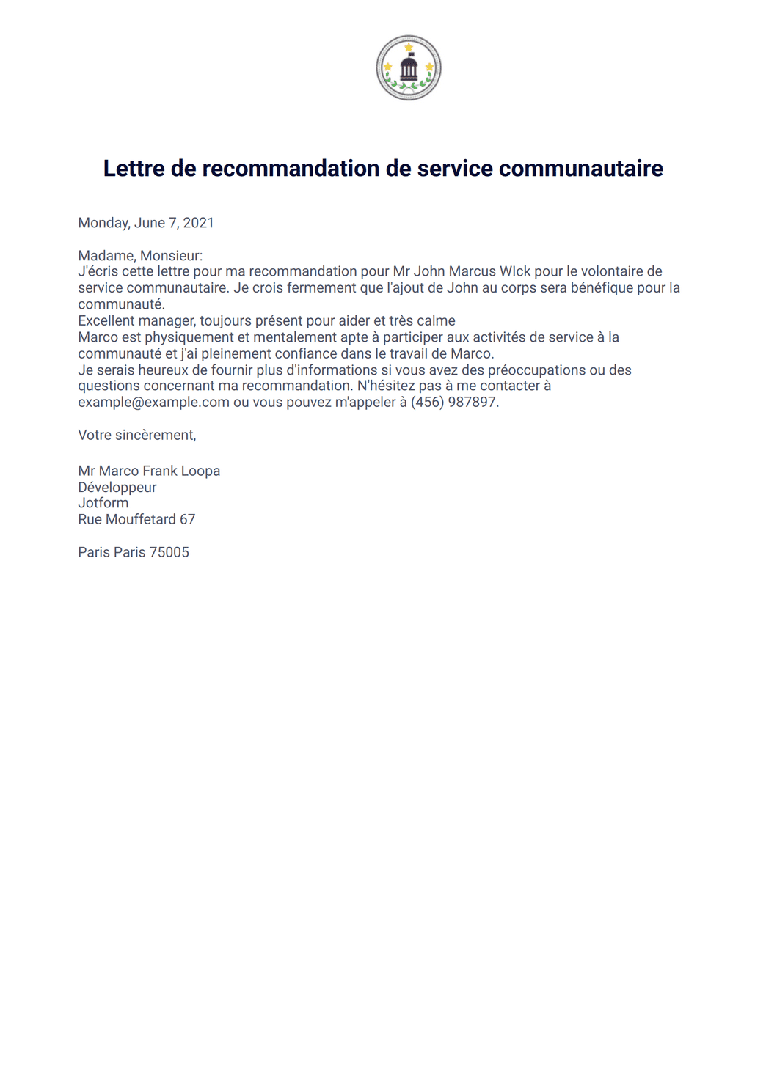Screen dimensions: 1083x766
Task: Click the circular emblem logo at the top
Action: [409, 67]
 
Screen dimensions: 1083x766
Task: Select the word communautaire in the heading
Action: [580, 169]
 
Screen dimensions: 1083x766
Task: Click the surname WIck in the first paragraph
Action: [515, 271]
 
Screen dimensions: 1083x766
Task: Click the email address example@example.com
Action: [153, 403]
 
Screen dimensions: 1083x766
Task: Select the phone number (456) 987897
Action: [454, 403]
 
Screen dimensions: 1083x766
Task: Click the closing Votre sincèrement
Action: [136, 435]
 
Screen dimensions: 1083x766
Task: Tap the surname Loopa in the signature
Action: [200, 471]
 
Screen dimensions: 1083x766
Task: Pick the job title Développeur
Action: [117, 488]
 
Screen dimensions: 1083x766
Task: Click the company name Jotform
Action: [103, 503]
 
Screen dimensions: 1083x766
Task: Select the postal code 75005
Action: [169, 552]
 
